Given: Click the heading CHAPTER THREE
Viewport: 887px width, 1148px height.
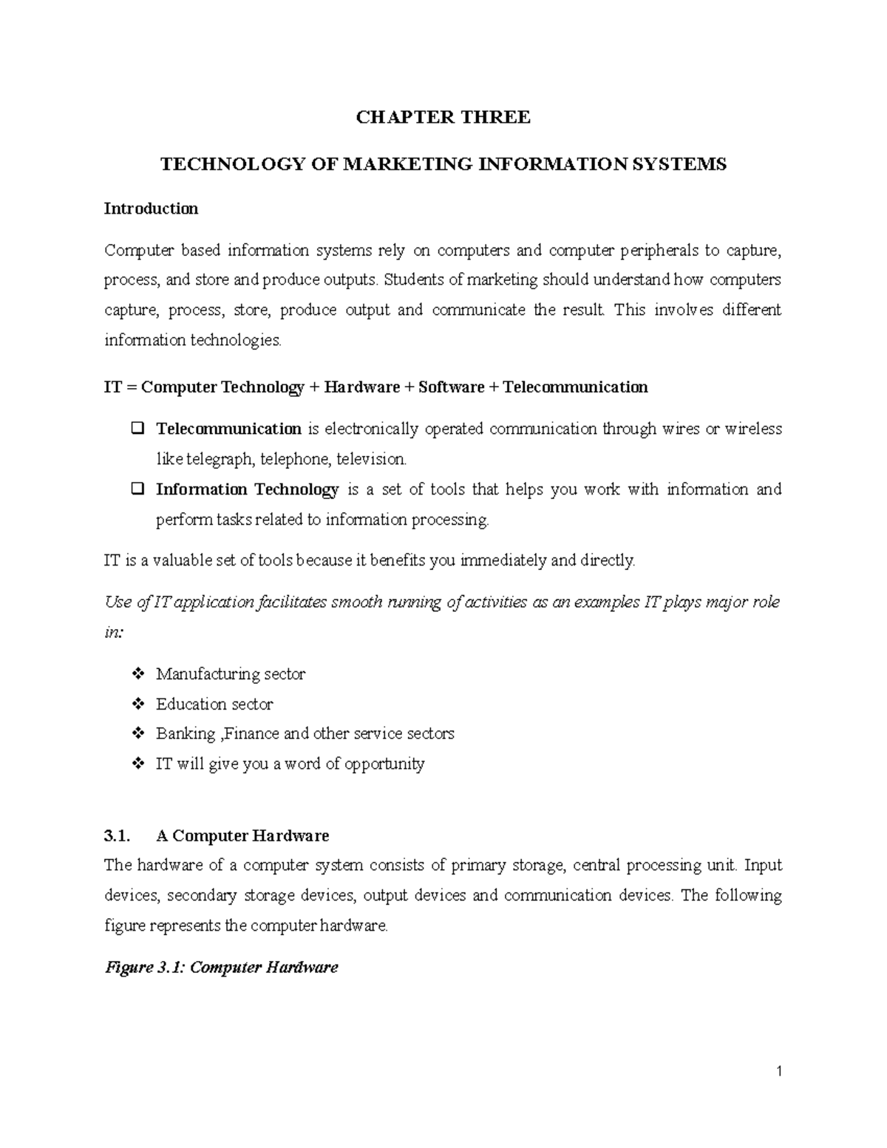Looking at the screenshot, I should pos(443,117).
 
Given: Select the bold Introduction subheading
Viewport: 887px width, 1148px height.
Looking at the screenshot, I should pos(151,208).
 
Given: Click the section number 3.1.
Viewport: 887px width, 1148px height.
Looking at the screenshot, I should pos(117,835).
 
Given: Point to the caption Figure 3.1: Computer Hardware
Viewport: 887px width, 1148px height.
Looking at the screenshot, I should pos(222,967).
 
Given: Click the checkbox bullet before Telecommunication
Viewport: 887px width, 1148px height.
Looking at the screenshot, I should pos(137,428).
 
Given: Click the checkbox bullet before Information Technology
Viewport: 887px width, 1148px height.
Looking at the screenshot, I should pos(137,489).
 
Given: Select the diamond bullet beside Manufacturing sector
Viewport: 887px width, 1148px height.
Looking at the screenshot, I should pos(137,673).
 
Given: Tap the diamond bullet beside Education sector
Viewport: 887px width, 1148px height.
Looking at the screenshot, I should pos(137,704).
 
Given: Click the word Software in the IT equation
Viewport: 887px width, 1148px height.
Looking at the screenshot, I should pos(451,387).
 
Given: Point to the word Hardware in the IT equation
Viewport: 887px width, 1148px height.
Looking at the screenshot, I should pos(361,387).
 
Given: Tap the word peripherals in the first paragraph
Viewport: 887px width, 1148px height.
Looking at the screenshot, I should pos(659,250).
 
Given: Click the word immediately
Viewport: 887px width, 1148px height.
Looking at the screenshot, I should pos(504,560).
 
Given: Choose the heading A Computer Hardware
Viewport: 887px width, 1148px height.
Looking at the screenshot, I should pos(242,835).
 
